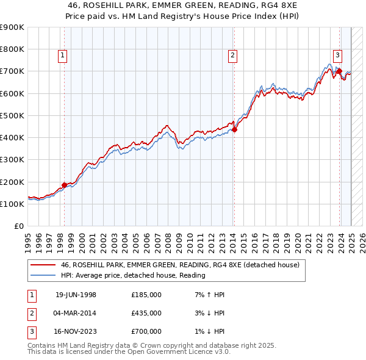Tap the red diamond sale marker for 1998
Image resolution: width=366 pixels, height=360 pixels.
(65, 185)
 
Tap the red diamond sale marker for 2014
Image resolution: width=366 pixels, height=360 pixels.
(234, 129)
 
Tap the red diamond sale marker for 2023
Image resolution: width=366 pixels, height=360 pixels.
(339, 71)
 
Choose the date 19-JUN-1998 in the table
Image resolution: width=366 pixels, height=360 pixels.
(76, 295)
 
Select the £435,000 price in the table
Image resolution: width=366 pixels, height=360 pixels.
(146, 313)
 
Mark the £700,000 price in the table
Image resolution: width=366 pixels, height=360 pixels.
(146, 331)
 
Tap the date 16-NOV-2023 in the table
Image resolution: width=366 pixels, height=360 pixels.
(76, 331)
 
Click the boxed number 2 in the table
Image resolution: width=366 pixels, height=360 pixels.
(31, 313)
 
